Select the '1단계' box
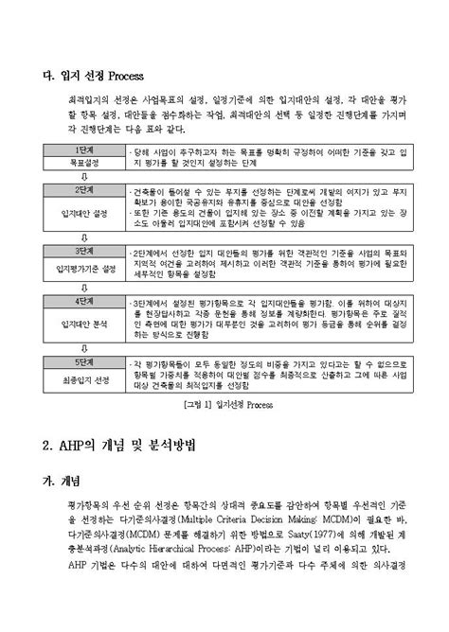click(x=83, y=151)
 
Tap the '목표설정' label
click(x=83, y=164)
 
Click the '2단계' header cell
click(x=83, y=191)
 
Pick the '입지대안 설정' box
click(x=83, y=213)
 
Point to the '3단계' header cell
click(x=83, y=251)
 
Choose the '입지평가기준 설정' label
click(x=83, y=268)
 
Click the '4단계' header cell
click(x=83, y=301)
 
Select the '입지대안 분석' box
click(x=83, y=323)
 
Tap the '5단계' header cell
click(x=83, y=361)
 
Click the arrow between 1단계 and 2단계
click(x=83, y=177)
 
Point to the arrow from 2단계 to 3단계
click(x=83, y=237)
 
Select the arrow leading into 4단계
click(x=83, y=287)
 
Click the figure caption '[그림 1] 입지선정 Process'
click(x=224, y=406)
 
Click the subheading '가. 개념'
click(x=63, y=481)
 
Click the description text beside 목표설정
click(x=270, y=157)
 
